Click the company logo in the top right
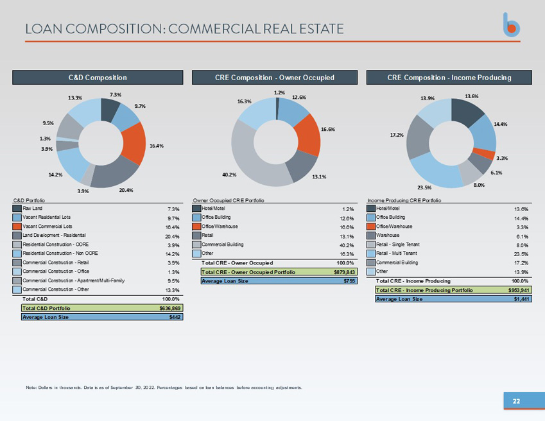(511, 25)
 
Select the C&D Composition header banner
(98, 78)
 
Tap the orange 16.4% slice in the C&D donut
(135, 143)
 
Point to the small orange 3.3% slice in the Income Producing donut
(485, 153)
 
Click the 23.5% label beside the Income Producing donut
(424, 187)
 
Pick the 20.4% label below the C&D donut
(126, 191)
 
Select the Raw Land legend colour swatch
(17, 209)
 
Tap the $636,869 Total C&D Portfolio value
(170, 308)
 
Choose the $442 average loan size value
(175, 317)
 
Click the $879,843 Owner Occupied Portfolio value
(345, 272)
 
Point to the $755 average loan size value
(349, 280)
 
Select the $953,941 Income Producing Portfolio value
(519, 290)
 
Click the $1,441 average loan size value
(522, 298)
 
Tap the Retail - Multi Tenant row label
(397, 253)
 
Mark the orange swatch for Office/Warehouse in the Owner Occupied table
(196, 227)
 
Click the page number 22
(517, 401)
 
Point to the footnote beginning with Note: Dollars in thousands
(164, 387)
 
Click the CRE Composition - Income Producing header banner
(449, 78)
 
